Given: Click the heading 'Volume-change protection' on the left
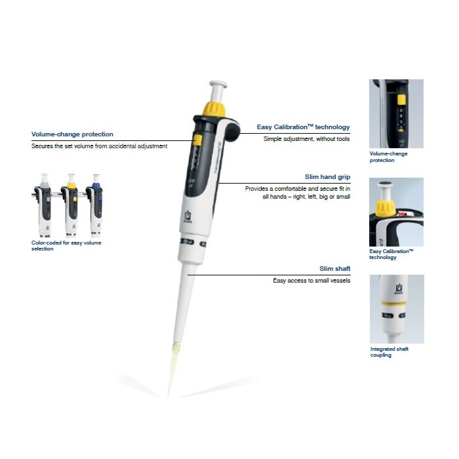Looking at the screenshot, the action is click(72, 134).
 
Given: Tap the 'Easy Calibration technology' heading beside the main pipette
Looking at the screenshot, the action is click(303, 127).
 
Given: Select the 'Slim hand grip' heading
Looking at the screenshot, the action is click(327, 177).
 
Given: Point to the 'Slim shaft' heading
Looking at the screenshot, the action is click(334, 268).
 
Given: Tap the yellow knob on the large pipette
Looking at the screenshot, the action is click(214, 109).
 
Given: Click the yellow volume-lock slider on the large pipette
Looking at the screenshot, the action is click(197, 140).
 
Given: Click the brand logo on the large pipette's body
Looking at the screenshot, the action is click(188, 217).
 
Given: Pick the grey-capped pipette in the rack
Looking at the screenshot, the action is click(43, 205).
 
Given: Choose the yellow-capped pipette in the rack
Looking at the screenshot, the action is click(70, 205).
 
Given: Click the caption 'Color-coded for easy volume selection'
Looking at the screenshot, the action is click(66, 246).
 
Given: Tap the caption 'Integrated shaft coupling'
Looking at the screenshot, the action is click(389, 352).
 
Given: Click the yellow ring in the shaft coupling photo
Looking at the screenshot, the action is click(393, 304).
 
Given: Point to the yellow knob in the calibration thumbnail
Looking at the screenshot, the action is click(385, 209).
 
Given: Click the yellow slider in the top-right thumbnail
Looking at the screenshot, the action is click(401, 100).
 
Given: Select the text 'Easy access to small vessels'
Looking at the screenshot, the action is click(311, 281).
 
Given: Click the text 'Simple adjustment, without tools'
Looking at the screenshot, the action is click(306, 139).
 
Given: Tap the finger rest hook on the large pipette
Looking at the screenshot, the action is click(232, 130).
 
